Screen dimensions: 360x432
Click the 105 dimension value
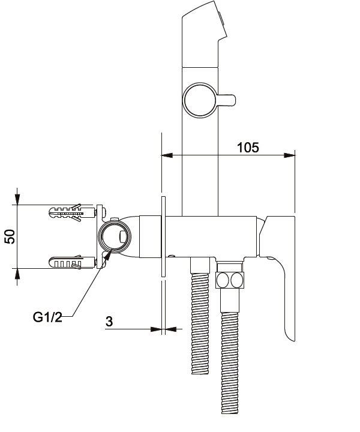click(x=248, y=148)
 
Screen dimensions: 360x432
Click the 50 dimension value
click(x=10, y=236)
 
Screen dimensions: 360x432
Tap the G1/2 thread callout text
click(x=47, y=317)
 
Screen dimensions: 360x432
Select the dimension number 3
click(x=109, y=322)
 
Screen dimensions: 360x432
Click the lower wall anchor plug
click(x=72, y=262)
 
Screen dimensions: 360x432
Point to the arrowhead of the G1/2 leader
click(x=108, y=255)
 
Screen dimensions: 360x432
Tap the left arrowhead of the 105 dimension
click(x=167, y=155)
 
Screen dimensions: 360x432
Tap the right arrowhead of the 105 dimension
click(x=289, y=155)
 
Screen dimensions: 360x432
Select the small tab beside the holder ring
click(x=226, y=100)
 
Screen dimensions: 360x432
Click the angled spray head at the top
click(x=204, y=34)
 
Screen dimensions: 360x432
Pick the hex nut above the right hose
click(x=230, y=280)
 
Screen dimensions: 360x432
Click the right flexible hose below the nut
click(x=230, y=355)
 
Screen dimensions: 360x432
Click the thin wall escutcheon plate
click(x=163, y=236)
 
